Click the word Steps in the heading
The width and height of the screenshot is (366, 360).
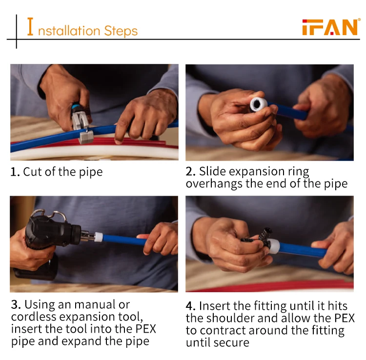[x=121, y=31]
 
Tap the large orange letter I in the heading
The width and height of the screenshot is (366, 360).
[x=30, y=27]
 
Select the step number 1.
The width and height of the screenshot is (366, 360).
[x=15, y=172]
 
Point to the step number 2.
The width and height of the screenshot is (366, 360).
[x=190, y=172]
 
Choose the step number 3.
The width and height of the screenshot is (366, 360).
[x=16, y=305]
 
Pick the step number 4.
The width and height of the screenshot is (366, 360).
[x=191, y=306]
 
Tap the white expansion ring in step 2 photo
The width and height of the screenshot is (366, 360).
[x=258, y=104]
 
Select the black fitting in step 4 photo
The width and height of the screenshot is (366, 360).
[x=259, y=238]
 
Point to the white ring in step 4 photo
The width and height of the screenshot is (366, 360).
[x=274, y=246]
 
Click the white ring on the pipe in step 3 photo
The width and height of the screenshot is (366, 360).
[x=98, y=237]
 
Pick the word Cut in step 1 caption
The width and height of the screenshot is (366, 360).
[x=32, y=172]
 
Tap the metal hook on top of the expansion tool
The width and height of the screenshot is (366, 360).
[x=49, y=214]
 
